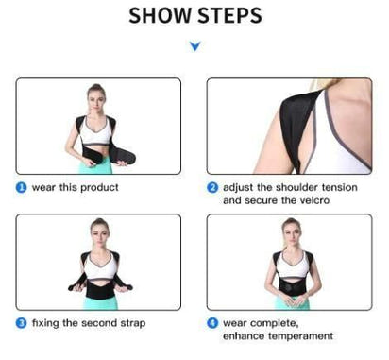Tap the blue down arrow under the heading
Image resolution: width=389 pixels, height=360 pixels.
click(194, 45)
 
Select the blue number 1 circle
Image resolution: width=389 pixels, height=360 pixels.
click(21, 187)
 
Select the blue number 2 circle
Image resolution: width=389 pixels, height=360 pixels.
click(212, 187)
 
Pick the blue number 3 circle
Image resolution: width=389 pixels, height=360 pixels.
click(21, 323)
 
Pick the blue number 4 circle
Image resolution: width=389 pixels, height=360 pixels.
click(212, 322)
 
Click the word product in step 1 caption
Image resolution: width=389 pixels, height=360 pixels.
click(97, 187)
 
